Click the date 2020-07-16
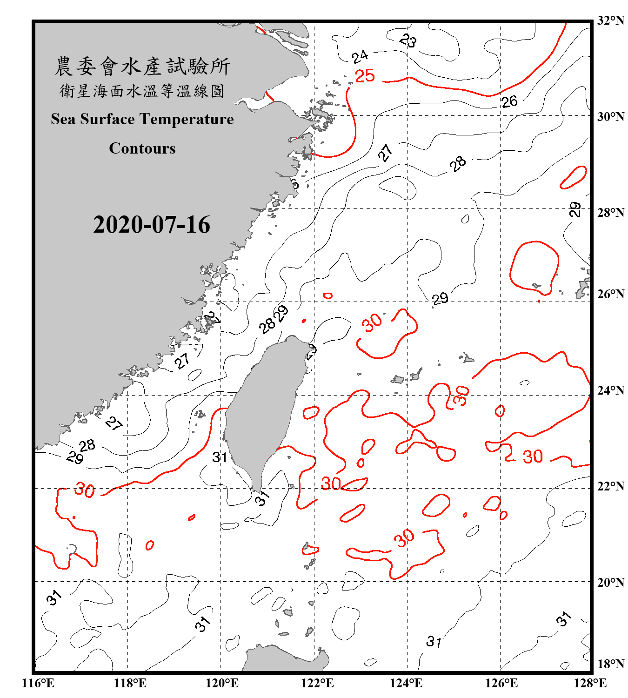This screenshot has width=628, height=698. [x=152, y=225]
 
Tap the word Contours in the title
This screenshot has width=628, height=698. [x=142, y=148]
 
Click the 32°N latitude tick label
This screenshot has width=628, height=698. [x=611, y=20]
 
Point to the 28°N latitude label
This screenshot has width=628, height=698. [x=611, y=213]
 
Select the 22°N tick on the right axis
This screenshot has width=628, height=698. [x=611, y=486]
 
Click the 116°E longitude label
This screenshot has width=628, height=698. [x=38, y=683]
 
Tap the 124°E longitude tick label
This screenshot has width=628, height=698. [x=407, y=683]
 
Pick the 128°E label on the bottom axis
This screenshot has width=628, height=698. [x=590, y=683]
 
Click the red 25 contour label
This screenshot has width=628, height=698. [x=365, y=76]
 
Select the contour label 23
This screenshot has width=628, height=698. [x=408, y=41]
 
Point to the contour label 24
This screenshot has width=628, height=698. [x=360, y=57]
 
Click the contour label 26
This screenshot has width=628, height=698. [x=509, y=101]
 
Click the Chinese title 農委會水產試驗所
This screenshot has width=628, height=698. [x=142, y=67]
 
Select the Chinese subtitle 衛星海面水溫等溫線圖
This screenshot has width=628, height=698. [x=142, y=91]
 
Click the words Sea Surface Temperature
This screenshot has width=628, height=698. [x=142, y=120]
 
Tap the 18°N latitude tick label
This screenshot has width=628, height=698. [x=611, y=664]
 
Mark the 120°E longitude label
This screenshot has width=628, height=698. [x=222, y=683]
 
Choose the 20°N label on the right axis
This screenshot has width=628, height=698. [x=611, y=582]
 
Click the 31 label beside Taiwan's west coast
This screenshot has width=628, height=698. [x=220, y=457]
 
